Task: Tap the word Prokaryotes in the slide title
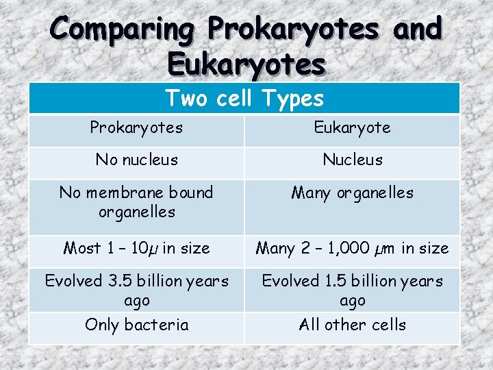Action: point(294,30)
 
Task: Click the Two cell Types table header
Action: point(244,99)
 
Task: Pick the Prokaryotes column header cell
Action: point(136,128)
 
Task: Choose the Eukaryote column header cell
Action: point(352,128)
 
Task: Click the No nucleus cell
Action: point(136,160)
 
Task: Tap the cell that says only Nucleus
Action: point(352,160)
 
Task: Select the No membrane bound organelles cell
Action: point(136,202)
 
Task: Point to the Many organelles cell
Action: point(352,193)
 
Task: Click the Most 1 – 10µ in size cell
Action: point(136,248)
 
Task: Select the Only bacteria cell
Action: point(136,325)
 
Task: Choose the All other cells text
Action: point(352,325)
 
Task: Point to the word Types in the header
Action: point(290,99)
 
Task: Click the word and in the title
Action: point(414,30)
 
